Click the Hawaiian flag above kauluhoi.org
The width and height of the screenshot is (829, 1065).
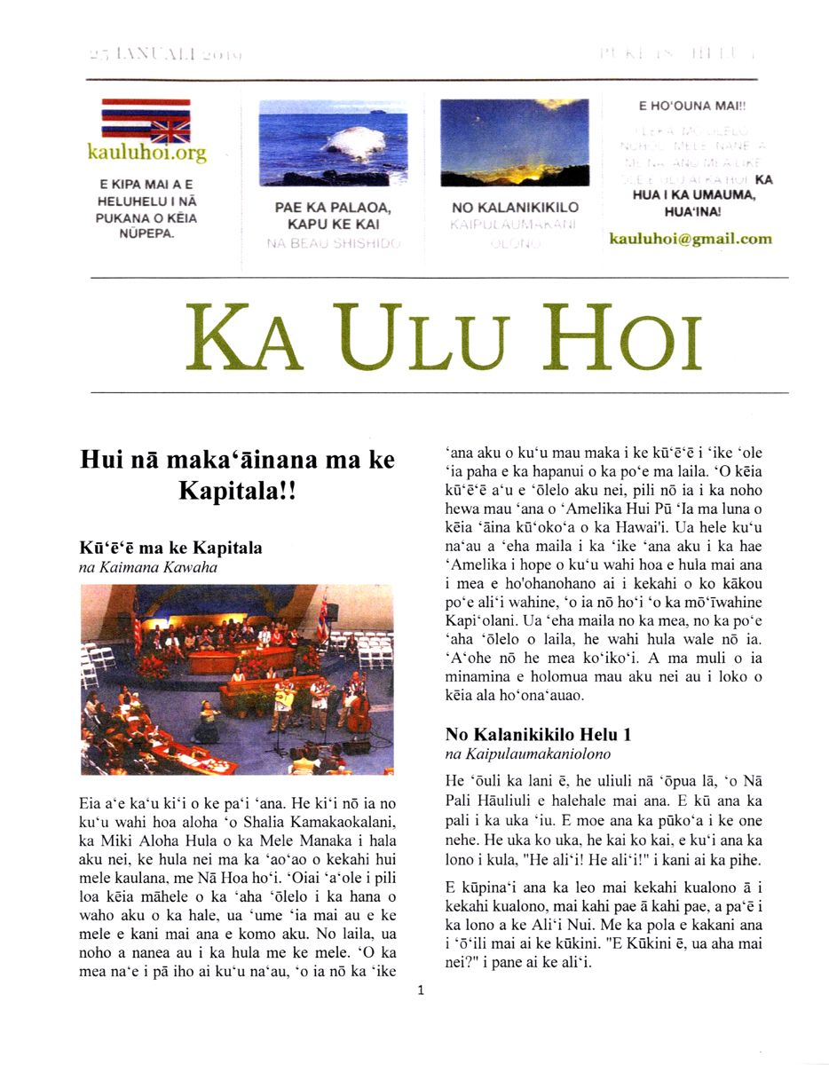coord(146,122)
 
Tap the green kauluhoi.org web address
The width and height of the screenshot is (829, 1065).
coord(146,153)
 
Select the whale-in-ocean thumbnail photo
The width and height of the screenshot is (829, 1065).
coord(333,145)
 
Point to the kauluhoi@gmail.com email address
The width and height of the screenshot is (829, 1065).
coord(691,239)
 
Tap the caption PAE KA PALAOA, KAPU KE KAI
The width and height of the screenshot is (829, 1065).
coord(333,217)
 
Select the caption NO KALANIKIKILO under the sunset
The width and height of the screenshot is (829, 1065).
coord(515,208)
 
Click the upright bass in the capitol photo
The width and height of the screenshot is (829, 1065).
coord(359,706)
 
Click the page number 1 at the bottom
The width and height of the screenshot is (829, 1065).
coord(420,990)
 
